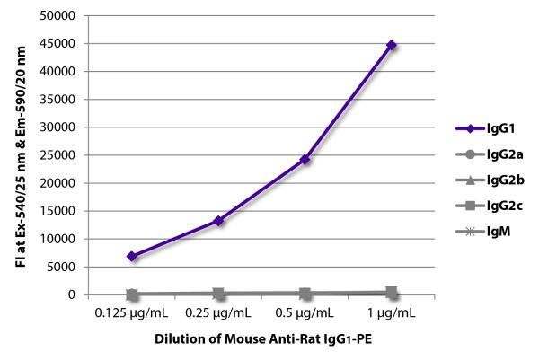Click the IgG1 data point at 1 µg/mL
point(392,45)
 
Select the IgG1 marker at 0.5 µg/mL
point(305,159)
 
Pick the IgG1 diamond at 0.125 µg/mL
point(132,257)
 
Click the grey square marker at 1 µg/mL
point(392,292)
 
